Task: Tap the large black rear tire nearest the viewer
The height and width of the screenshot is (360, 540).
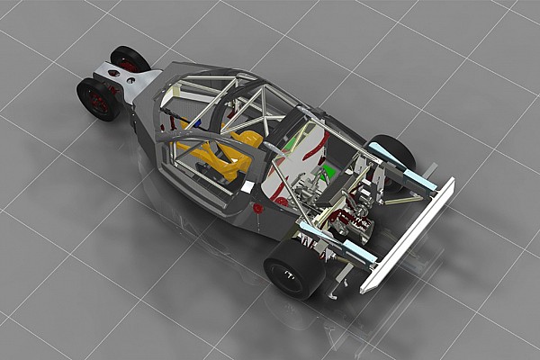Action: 294,265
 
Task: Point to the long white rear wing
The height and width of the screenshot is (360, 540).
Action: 409,234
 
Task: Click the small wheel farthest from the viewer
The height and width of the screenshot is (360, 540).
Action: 130,59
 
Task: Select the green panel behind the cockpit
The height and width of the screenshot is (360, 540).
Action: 329,169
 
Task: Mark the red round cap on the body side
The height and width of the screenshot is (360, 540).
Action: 258,208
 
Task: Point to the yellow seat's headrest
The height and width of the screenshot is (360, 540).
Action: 247,139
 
